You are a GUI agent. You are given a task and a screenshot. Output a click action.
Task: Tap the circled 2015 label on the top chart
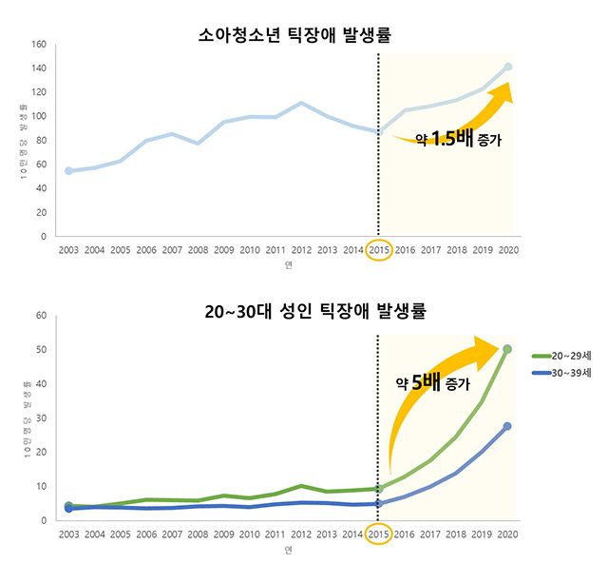(x=378, y=250)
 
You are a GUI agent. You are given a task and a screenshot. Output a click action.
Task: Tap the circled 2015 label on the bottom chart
(x=378, y=534)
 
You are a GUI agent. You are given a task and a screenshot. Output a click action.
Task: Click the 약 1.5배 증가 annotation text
(x=457, y=139)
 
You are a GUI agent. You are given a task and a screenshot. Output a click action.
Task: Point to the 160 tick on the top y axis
(x=39, y=45)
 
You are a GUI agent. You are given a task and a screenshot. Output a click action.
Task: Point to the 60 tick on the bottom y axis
(x=42, y=316)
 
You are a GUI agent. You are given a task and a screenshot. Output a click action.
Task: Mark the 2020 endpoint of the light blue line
(x=508, y=67)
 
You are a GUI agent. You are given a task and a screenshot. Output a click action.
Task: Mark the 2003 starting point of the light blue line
(x=68, y=171)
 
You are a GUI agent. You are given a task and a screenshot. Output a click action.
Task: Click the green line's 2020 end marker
(x=508, y=349)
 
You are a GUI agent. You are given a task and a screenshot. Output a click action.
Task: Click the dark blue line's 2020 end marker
(x=508, y=426)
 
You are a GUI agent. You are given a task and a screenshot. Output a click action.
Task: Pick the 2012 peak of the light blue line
(x=300, y=103)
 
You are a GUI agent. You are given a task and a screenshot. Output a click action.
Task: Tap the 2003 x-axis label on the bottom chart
(x=68, y=534)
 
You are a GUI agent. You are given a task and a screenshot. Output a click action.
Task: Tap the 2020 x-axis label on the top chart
(x=508, y=250)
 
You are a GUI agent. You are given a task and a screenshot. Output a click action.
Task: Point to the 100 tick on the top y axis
(x=39, y=116)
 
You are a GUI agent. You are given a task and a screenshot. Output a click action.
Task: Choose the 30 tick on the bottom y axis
(x=42, y=418)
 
